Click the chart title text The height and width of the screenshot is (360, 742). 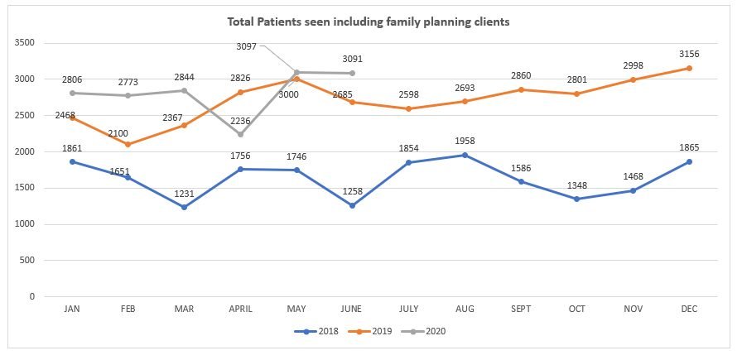[x=369, y=22]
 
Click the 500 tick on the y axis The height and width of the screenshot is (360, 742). [x=28, y=260]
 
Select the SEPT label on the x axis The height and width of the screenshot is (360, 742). [x=521, y=308]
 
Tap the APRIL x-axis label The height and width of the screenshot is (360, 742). [x=240, y=308]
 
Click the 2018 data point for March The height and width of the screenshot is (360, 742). [x=184, y=207]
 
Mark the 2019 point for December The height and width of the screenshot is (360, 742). [x=691, y=68]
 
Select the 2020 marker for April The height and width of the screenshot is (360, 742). [x=240, y=134]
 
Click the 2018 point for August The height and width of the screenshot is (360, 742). [x=465, y=155]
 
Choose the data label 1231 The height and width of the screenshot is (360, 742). [x=184, y=193]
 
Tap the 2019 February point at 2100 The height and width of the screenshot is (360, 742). [x=128, y=144]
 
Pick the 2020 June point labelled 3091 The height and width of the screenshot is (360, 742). [x=353, y=73]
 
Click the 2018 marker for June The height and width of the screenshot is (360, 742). [x=353, y=205]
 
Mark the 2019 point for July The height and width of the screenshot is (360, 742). [x=409, y=108]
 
